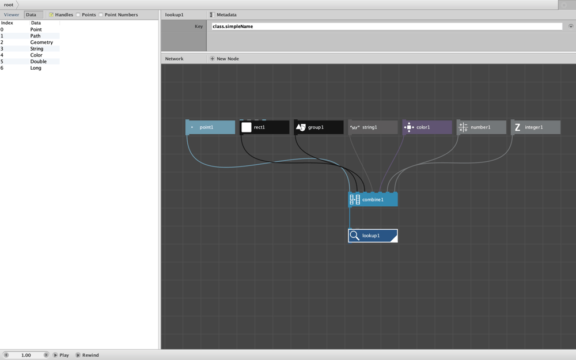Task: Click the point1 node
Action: click(x=210, y=127)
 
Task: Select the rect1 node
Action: click(x=264, y=127)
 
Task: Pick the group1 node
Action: click(x=319, y=127)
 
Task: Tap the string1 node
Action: click(x=373, y=127)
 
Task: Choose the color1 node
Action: click(x=427, y=127)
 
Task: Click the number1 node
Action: click(x=482, y=127)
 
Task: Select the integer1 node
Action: click(x=536, y=127)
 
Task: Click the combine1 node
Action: click(x=373, y=199)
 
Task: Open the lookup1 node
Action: click(x=373, y=236)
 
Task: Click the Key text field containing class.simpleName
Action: click(x=387, y=26)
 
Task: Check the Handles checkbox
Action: click(x=51, y=15)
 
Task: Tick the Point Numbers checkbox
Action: click(x=101, y=15)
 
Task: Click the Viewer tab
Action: click(x=12, y=15)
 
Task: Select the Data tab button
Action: click(x=33, y=15)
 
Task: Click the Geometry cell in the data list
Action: click(x=41, y=42)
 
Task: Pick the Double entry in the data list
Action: click(x=38, y=62)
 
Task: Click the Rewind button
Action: click(x=88, y=355)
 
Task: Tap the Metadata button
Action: click(x=223, y=15)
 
